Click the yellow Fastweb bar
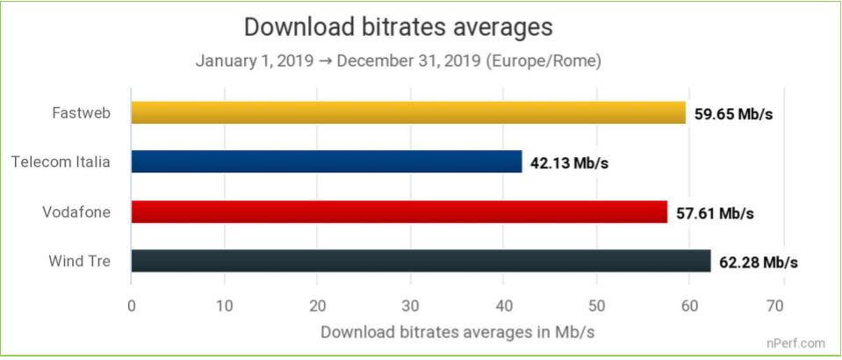click(408, 112)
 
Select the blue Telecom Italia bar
click(327, 162)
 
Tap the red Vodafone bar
click(399, 212)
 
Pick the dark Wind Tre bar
click(421, 261)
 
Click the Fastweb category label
click(81, 112)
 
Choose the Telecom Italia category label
click(61, 162)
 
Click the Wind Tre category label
click(80, 261)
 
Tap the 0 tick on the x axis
click(132, 306)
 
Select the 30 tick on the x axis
click(410, 306)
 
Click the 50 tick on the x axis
click(596, 306)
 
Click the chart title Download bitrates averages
click(398, 27)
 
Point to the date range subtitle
click(398, 61)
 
